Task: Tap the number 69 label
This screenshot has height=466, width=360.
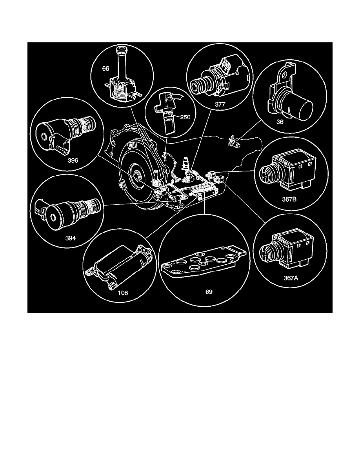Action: (x=209, y=292)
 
